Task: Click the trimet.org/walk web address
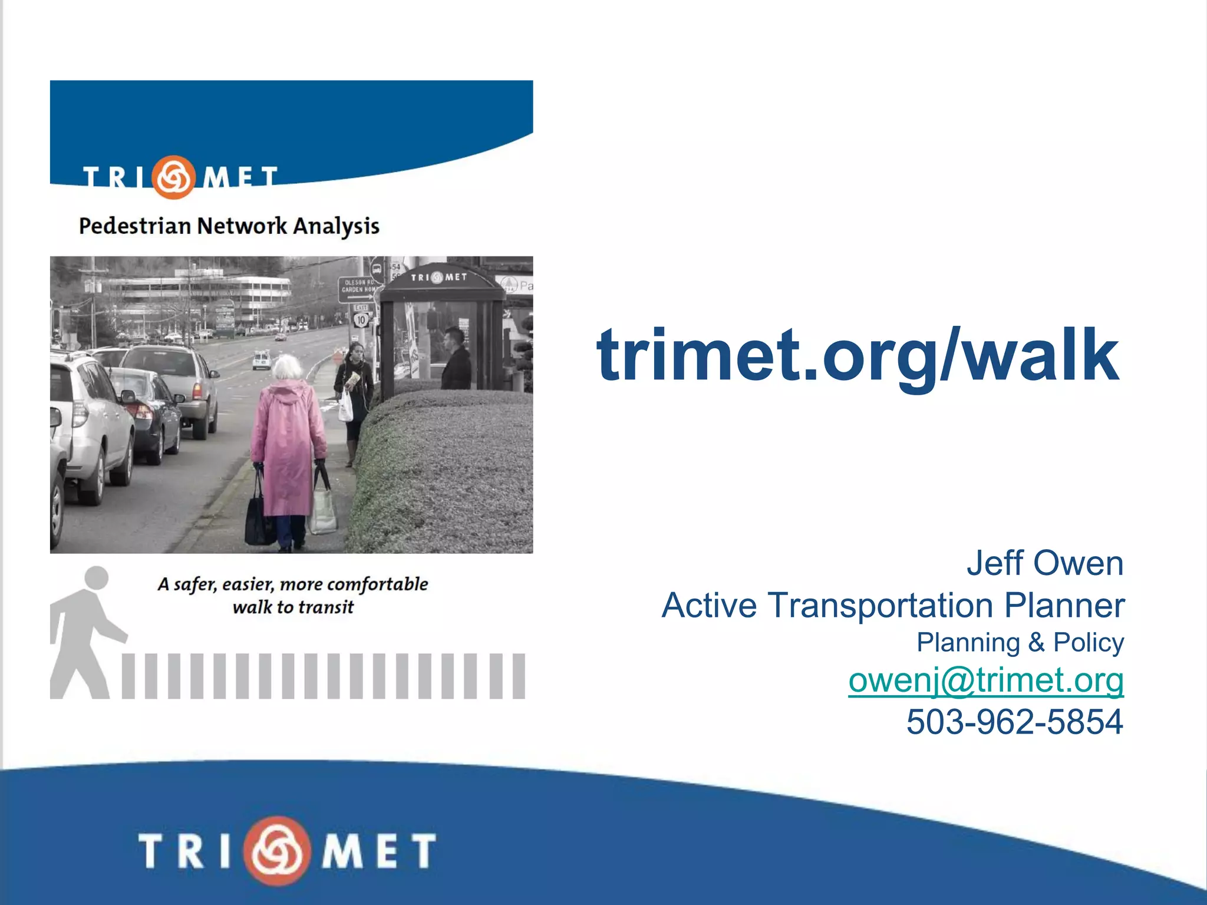coord(858,356)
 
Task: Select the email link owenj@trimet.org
coord(985,681)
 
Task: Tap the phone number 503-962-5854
coord(1014,722)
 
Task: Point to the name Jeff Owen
coord(1044,563)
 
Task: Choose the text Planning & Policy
coord(1020,643)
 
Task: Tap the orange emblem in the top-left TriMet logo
coord(173,177)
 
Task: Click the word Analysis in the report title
coord(336,226)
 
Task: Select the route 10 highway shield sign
coord(361,320)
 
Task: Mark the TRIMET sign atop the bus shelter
coord(438,278)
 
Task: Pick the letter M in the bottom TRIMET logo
coord(343,851)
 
